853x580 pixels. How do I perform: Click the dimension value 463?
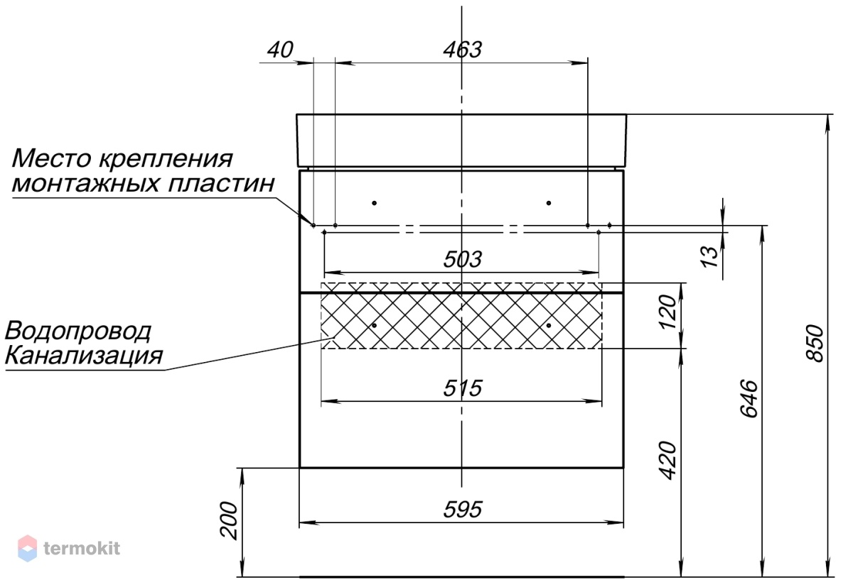[463, 50]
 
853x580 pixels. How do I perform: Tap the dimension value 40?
[280, 50]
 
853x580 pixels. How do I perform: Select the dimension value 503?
[463, 259]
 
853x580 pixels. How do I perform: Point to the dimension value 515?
[463, 388]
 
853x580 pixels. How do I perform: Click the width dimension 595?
[463, 509]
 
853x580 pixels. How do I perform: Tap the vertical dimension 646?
[749, 398]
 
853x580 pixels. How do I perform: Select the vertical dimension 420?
[667, 460]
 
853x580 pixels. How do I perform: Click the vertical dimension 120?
[667, 312]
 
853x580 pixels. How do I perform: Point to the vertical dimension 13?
[709, 257]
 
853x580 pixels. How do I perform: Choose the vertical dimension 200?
[229, 520]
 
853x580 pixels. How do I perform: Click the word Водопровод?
[78, 332]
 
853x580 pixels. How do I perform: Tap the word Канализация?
[84, 356]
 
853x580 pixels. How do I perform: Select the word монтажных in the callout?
[86, 184]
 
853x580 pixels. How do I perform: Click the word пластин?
[221, 183]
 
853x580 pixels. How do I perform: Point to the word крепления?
[166, 159]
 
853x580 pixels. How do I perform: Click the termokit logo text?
[82, 549]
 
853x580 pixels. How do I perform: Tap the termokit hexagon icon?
[28, 549]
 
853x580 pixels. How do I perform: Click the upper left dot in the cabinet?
[375, 203]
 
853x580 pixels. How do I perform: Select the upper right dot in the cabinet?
[549, 203]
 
